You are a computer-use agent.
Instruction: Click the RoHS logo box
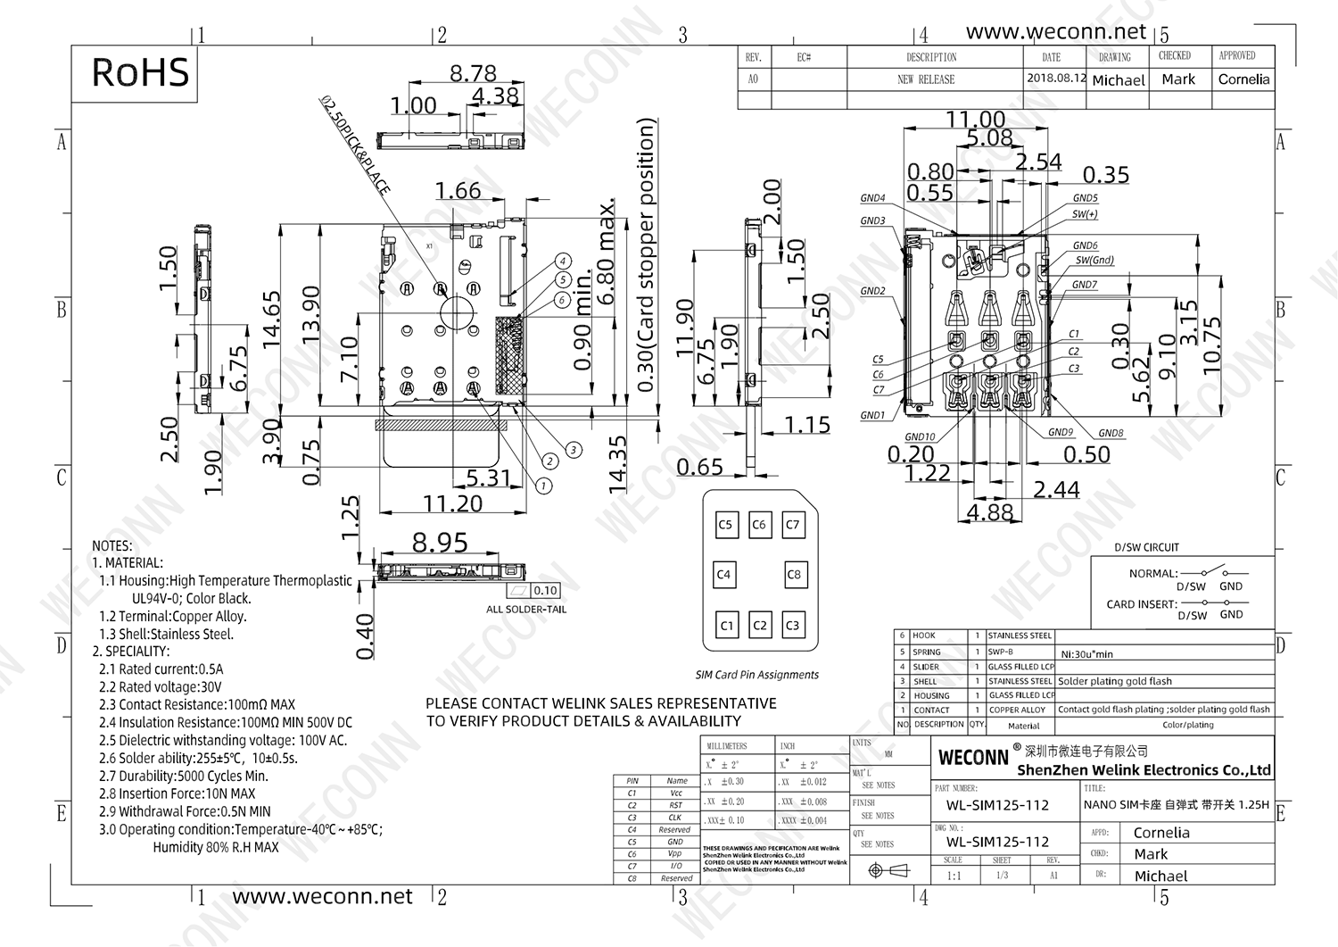pyautogui.click(x=140, y=72)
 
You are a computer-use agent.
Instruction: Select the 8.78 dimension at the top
pyautogui.click(x=473, y=73)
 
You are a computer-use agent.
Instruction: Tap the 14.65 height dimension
pyautogui.click(x=272, y=319)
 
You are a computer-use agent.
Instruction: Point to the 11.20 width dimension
pyautogui.click(x=452, y=503)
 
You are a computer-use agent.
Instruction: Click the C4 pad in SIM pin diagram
pyautogui.click(x=723, y=574)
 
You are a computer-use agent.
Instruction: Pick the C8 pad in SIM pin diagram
pyautogui.click(x=794, y=574)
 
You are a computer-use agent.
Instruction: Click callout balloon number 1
pyautogui.click(x=543, y=486)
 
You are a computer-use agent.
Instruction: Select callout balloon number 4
pyautogui.click(x=563, y=262)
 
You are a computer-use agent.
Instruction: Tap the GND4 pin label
pyautogui.click(x=872, y=198)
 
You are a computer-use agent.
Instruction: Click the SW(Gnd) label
pyautogui.click(x=1094, y=260)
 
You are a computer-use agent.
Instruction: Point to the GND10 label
pyautogui.click(x=920, y=436)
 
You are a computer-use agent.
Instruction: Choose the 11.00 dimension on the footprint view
pyautogui.click(x=975, y=120)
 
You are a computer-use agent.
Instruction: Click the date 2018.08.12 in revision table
pyautogui.click(x=1056, y=78)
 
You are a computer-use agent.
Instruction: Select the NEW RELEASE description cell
pyautogui.click(x=926, y=79)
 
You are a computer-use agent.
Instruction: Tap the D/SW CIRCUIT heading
pyautogui.click(x=1146, y=547)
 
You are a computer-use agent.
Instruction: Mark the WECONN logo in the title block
pyautogui.click(x=973, y=757)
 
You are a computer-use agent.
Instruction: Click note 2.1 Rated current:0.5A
pyautogui.click(x=161, y=669)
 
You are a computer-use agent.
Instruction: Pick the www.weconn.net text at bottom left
pyautogui.click(x=322, y=896)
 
